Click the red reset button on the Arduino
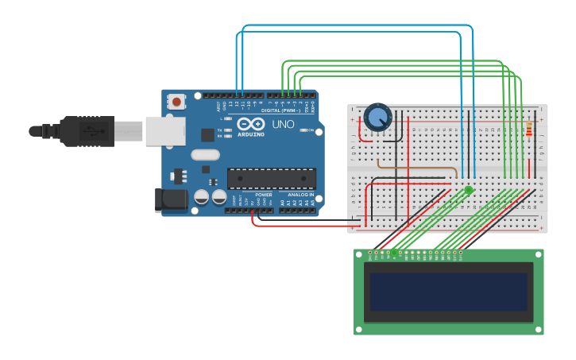click(x=176, y=102)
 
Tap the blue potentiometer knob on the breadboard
click(x=377, y=118)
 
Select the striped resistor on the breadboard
click(x=530, y=129)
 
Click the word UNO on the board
click(x=284, y=125)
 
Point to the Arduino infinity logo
click(x=248, y=124)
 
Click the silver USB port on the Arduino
click(x=164, y=131)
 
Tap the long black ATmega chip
click(x=271, y=179)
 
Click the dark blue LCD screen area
click(x=449, y=292)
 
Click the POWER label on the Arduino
click(x=264, y=195)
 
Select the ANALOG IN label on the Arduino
click(x=300, y=195)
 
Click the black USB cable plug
click(x=87, y=131)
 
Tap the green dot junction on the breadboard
click(x=469, y=190)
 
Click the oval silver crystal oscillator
click(x=205, y=156)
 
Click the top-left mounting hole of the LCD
click(x=359, y=254)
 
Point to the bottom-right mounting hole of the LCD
click(x=539, y=329)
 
